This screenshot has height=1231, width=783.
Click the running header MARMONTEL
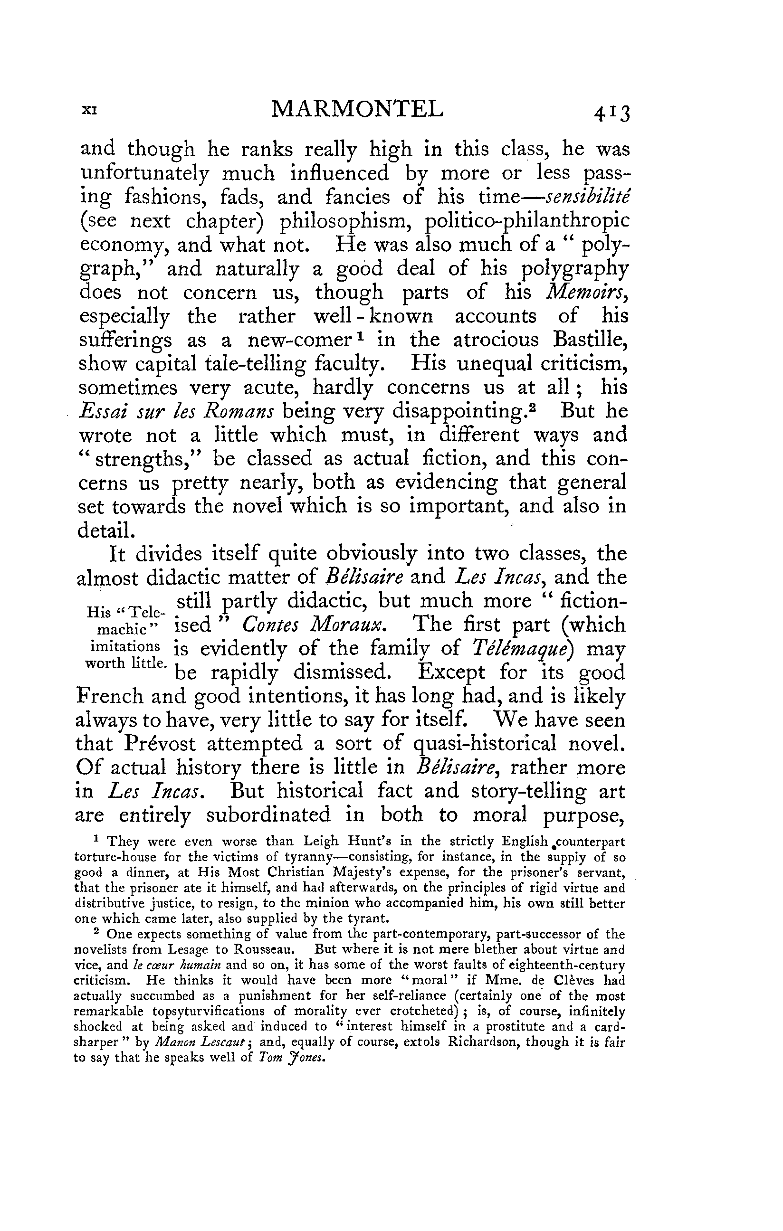[357, 109]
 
